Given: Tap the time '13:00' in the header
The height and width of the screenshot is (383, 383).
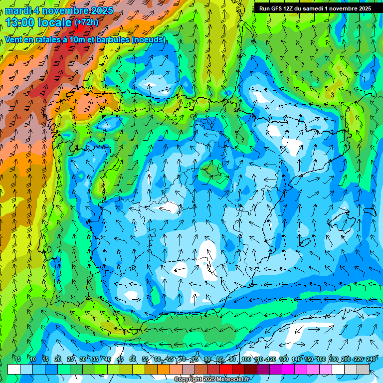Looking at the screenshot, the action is point(21,22).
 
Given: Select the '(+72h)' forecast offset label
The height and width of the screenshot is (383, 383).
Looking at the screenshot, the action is point(87,22).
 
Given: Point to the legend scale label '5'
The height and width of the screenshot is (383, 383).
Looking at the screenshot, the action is point(19,359).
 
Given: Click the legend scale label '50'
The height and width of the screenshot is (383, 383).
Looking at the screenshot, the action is point(133,359).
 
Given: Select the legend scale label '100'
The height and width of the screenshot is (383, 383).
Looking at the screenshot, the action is point(246,359).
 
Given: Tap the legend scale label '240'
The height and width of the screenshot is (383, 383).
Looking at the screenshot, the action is point(372,359).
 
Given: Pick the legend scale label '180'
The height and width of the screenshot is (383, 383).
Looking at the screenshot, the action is point(334,359).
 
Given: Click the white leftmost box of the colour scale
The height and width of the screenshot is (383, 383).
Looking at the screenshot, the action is point(14,369).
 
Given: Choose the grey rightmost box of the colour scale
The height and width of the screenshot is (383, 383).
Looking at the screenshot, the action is point(363,369).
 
